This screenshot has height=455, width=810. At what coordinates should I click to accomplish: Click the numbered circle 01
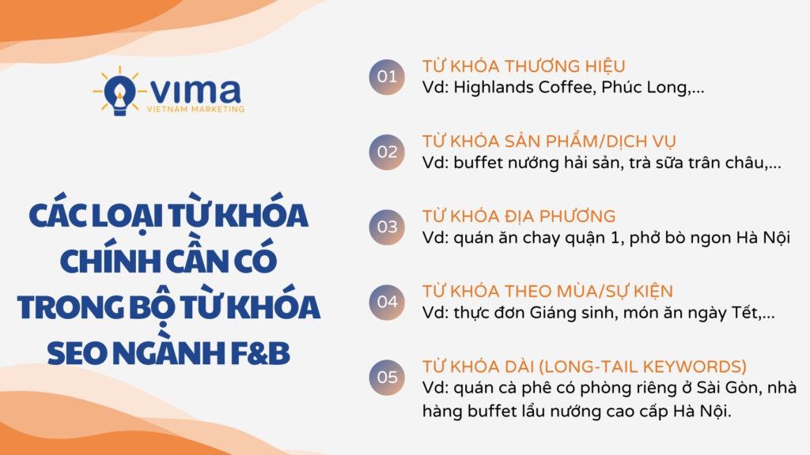pyautogui.click(x=387, y=77)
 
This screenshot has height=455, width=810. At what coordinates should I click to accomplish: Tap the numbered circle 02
pyautogui.click(x=387, y=152)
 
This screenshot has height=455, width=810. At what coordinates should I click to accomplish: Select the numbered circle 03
pyautogui.click(x=387, y=227)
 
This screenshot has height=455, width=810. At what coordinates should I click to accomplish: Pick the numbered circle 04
pyautogui.click(x=387, y=303)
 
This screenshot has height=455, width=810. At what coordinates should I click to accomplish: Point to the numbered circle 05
pyautogui.click(x=387, y=377)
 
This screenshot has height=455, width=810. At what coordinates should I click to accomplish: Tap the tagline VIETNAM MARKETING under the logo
pyautogui.click(x=196, y=109)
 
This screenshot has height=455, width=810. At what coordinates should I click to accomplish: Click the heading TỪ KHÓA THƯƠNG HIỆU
pyautogui.click(x=524, y=66)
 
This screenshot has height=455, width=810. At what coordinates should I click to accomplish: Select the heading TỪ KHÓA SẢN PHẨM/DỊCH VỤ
pyautogui.click(x=549, y=141)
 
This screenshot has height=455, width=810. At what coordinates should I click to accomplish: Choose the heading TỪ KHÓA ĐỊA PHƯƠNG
pyautogui.click(x=519, y=216)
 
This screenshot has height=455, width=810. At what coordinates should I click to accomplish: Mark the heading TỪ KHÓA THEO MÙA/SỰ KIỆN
pyautogui.click(x=547, y=291)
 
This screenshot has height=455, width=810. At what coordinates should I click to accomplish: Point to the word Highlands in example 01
pyautogui.click(x=494, y=87)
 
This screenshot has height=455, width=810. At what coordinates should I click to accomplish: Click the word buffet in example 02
pyautogui.click(x=479, y=163)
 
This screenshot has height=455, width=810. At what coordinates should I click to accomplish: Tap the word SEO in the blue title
pyautogui.click(x=77, y=353)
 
